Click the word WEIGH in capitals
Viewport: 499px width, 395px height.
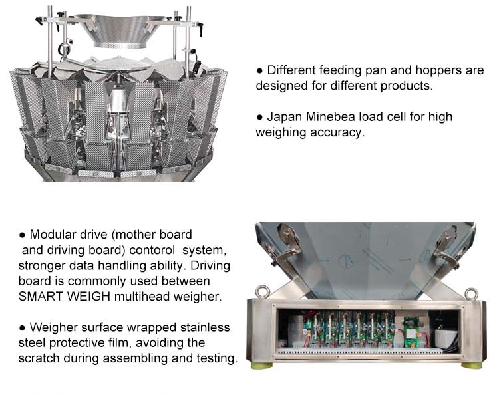[x=86, y=296]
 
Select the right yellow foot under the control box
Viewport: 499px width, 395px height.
[x=475, y=364]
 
